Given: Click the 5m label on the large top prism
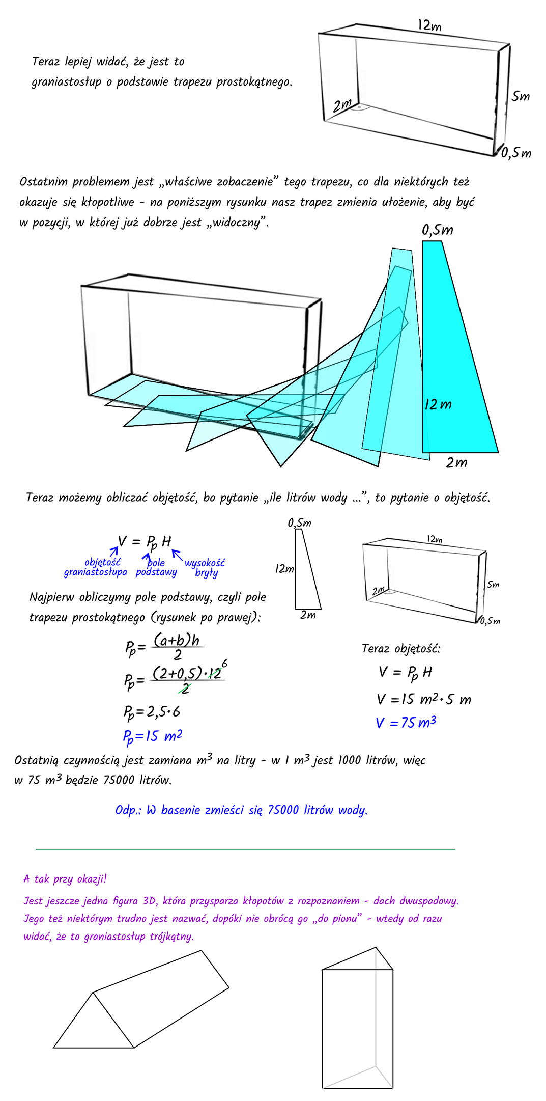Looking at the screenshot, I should point(521,96).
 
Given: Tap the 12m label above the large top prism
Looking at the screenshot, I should point(429,25).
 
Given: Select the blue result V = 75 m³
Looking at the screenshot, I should point(406,723).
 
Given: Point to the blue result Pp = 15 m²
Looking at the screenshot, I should point(152,736).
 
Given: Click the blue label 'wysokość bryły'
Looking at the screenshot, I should point(205,567).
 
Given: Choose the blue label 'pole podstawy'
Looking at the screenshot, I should point(156,567).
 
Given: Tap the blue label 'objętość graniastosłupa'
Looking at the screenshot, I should point(96,567).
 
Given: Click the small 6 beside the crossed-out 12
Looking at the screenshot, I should point(224,664).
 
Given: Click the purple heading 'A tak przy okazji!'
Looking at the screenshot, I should point(65,878).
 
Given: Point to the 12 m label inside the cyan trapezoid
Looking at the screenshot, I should point(438,404).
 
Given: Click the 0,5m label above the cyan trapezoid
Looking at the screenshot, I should point(437,230).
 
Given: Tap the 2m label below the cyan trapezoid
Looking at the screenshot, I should point(456,462).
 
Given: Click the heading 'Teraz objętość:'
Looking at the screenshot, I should point(401,648).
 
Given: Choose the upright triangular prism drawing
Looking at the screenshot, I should point(357,1019).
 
